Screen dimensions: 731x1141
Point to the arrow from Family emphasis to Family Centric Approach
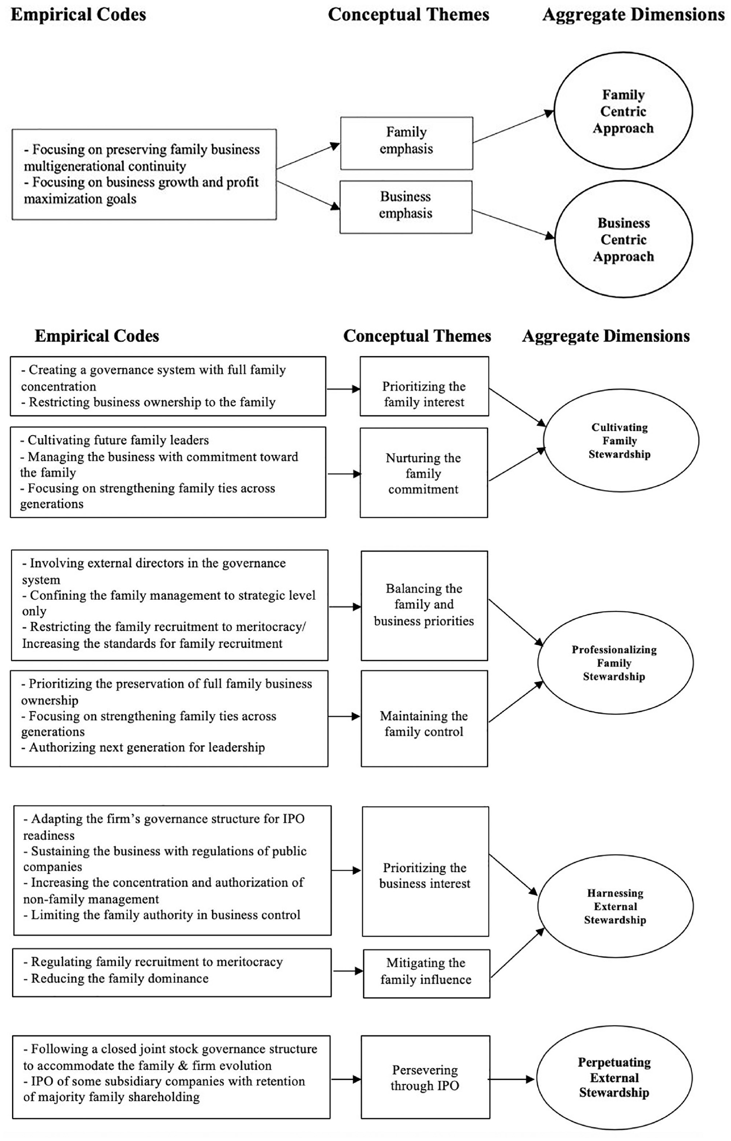[x=513, y=127]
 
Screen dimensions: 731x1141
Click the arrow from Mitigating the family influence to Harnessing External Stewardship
[x=517, y=953]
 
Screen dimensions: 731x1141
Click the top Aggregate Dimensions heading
[x=633, y=15]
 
